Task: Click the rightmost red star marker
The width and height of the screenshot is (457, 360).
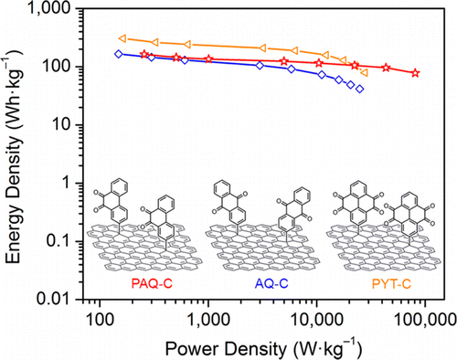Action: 416,73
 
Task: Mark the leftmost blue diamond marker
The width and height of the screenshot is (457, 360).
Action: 118,54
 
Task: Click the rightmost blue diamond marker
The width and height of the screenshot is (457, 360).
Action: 360,89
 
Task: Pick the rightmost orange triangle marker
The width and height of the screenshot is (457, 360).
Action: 365,71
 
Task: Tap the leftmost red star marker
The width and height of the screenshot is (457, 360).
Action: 144,55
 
